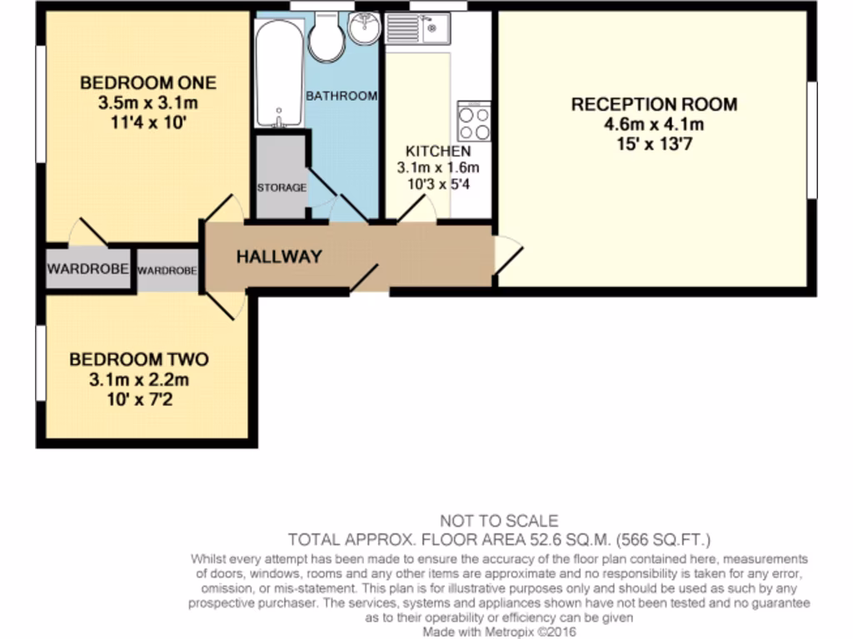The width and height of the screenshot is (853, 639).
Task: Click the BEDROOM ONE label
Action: pos(147,82)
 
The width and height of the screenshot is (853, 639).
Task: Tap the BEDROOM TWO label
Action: pos(138,359)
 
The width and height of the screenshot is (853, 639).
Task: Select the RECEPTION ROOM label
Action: pos(653,105)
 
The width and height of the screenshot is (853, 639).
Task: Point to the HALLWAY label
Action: pos(278,257)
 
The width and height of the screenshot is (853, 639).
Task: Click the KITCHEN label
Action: pos(437,151)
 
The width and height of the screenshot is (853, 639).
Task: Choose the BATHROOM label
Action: pos(342,97)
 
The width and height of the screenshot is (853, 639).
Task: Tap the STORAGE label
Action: pos(281,188)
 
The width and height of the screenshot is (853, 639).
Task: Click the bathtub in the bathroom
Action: pos(278,73)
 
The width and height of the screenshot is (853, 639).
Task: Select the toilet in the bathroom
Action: pos(326,36)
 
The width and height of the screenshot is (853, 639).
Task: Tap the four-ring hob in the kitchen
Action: pos(474,123)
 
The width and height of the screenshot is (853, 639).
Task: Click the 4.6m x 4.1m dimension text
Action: pos(653,126)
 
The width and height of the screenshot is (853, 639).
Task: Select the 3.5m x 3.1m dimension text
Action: pos(147,103)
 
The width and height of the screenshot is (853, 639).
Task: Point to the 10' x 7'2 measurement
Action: pos(138,400)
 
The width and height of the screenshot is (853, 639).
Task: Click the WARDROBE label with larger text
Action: pos(87,269)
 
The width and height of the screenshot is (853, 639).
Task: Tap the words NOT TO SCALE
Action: pos(498,522)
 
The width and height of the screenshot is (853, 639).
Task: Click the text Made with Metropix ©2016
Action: pos(498,632)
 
